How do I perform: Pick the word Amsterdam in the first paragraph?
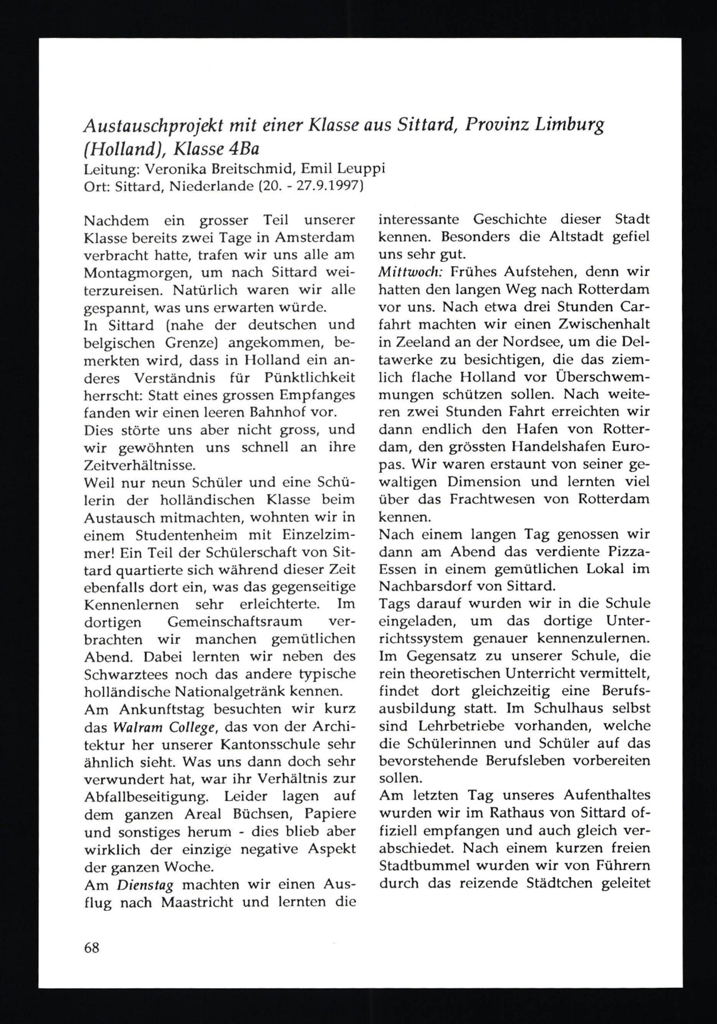[315, 237]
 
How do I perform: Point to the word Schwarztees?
[124, 674]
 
